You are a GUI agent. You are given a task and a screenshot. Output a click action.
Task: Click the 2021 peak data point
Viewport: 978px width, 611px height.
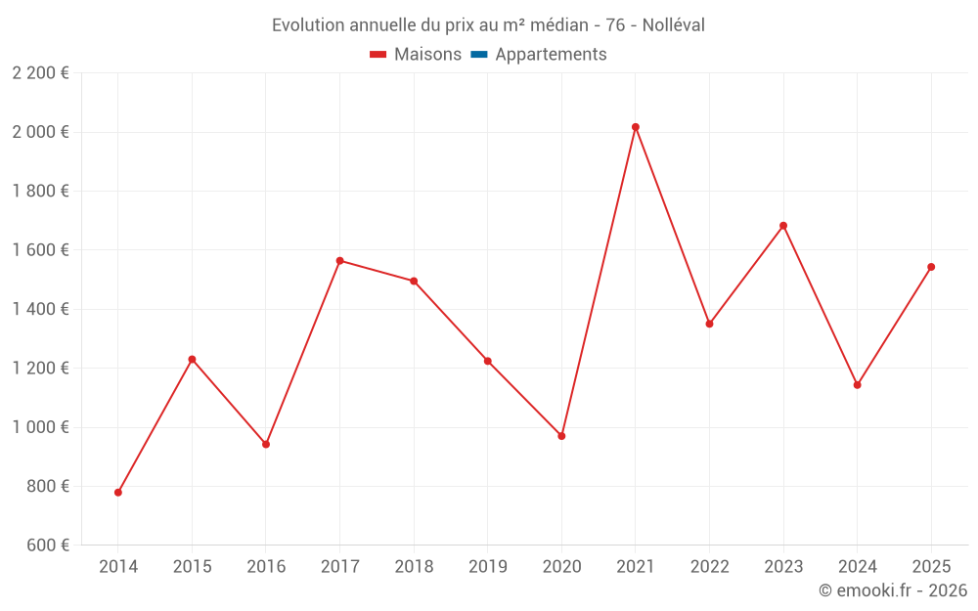(636, 127)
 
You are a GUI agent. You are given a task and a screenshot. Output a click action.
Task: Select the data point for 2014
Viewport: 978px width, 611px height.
(118, 493)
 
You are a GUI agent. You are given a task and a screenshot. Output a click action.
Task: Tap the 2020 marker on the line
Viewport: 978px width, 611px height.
(561, 436)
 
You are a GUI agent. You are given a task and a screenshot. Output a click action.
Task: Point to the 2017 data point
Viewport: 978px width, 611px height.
(339, 261)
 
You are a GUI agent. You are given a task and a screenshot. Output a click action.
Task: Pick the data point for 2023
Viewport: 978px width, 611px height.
(783, 226)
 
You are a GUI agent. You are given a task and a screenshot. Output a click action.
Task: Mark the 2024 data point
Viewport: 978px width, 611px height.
(858, 385)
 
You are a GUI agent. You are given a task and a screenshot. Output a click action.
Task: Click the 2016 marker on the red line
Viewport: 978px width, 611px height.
(266, 444)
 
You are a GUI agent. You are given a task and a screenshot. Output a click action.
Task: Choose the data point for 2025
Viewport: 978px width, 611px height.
(931, 267)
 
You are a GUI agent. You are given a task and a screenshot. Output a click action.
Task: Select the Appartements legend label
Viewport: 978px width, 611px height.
(551, 55)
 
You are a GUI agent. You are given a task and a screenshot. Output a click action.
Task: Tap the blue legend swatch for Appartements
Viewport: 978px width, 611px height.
(479, 55)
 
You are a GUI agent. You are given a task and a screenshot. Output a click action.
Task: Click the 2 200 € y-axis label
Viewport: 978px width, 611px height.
(40, 73)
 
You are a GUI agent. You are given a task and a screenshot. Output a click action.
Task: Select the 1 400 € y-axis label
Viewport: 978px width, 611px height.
(40, 309)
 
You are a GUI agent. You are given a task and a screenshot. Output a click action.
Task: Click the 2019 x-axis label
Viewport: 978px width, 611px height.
(488, 567)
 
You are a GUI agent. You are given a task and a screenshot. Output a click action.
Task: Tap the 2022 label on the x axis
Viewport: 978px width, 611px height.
(709, 567)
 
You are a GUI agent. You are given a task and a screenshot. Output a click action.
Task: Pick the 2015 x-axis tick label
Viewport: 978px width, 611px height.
(192, 567)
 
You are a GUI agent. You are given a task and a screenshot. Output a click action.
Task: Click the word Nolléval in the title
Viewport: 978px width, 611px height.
(674, 25)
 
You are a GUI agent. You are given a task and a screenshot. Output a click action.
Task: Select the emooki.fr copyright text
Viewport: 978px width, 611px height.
(893, 590)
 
